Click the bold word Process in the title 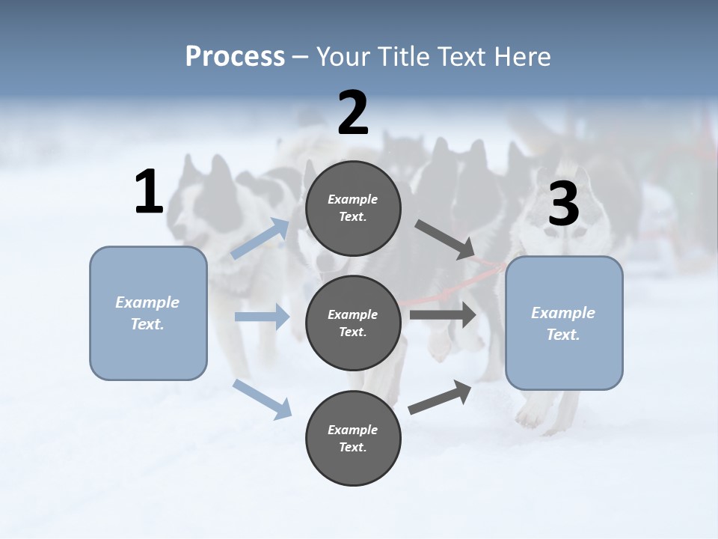[235, 57]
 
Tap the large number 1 [149, 192]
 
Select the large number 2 [353, 113]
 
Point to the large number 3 [563, 204]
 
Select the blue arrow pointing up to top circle [260, 239]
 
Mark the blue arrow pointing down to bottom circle [263, 398]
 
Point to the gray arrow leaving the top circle [444, 239]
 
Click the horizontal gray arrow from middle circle [442, 315]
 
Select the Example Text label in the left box [147, 313]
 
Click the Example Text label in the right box [563, 323]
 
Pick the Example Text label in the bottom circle [353, 438]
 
